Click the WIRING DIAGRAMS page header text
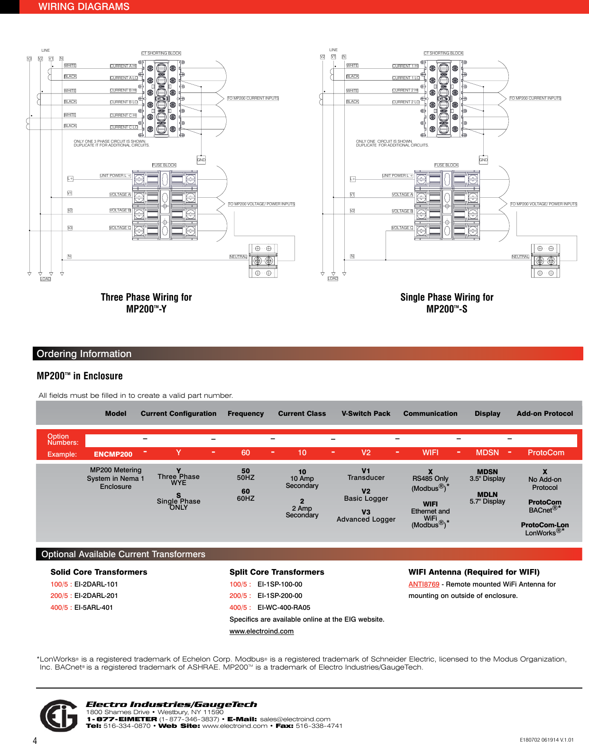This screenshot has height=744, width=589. tap(83, 7)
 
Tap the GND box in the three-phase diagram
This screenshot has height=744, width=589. tap(201, 160)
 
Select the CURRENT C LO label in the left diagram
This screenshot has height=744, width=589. tap(124, 127)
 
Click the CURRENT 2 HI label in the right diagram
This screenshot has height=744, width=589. tap(405, 90)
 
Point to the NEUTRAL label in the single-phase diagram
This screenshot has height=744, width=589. tap(520, 257)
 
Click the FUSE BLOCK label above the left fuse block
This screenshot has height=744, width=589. tap(164, 165)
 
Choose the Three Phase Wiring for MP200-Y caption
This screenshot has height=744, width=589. tap(146, 303)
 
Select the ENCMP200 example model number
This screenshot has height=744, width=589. tap(113, 454)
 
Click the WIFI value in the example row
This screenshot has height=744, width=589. tap(430, 453)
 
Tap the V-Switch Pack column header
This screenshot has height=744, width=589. tap(366, 413)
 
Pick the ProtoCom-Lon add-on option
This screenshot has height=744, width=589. tap(544, 525)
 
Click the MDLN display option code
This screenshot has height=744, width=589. tap(487, 495)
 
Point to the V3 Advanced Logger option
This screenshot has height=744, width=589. tap(366, 515)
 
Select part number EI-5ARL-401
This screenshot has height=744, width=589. tap(93, 607)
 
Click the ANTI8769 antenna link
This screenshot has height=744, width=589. tap(423, 584)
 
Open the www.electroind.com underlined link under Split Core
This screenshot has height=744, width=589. tap(261, 631)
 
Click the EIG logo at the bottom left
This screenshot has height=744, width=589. tap(59, 716)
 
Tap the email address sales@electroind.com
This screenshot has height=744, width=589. tap(295, 719)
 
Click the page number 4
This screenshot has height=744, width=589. tap(35, 740)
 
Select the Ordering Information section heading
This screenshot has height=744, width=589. tap(84, 354)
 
